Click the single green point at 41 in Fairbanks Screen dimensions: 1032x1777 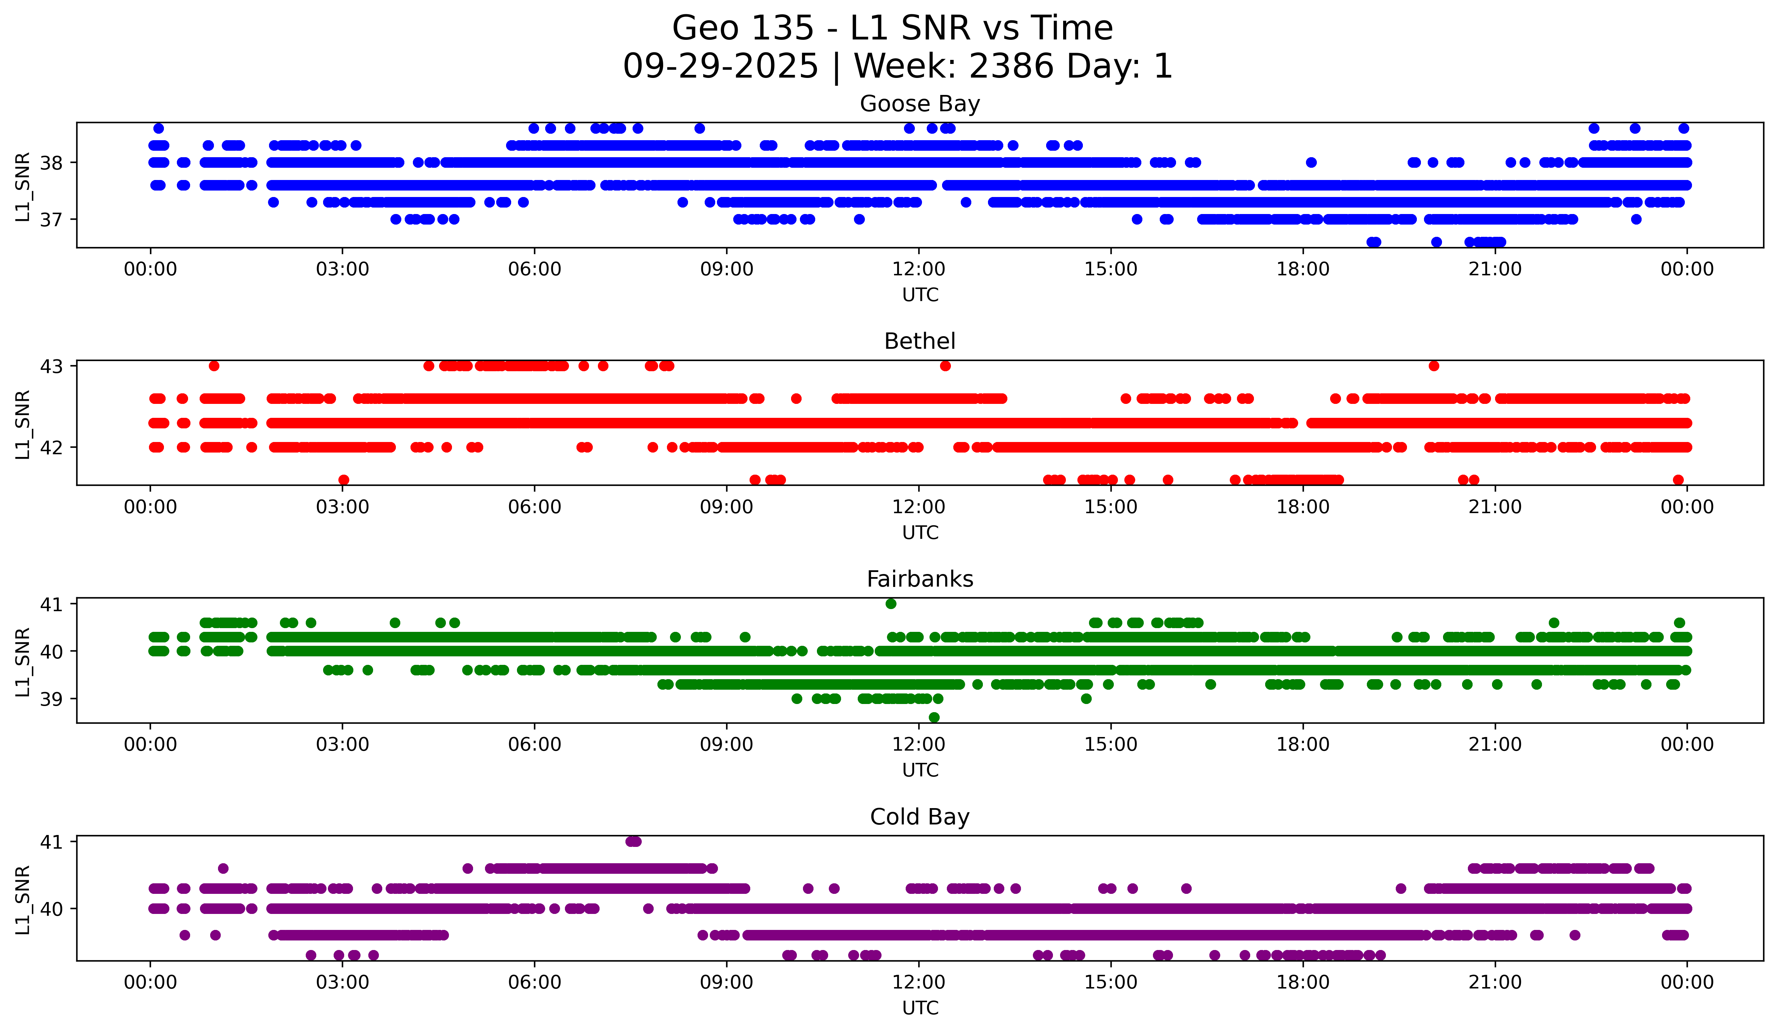tap(891, 603)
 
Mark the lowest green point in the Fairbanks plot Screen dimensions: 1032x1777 tap(934, 717)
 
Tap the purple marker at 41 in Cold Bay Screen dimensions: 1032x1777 tap(633, 841)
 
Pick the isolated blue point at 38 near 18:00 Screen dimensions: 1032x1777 tap(1311, 162)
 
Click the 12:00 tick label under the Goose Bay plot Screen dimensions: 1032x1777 tap(919, 269)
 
